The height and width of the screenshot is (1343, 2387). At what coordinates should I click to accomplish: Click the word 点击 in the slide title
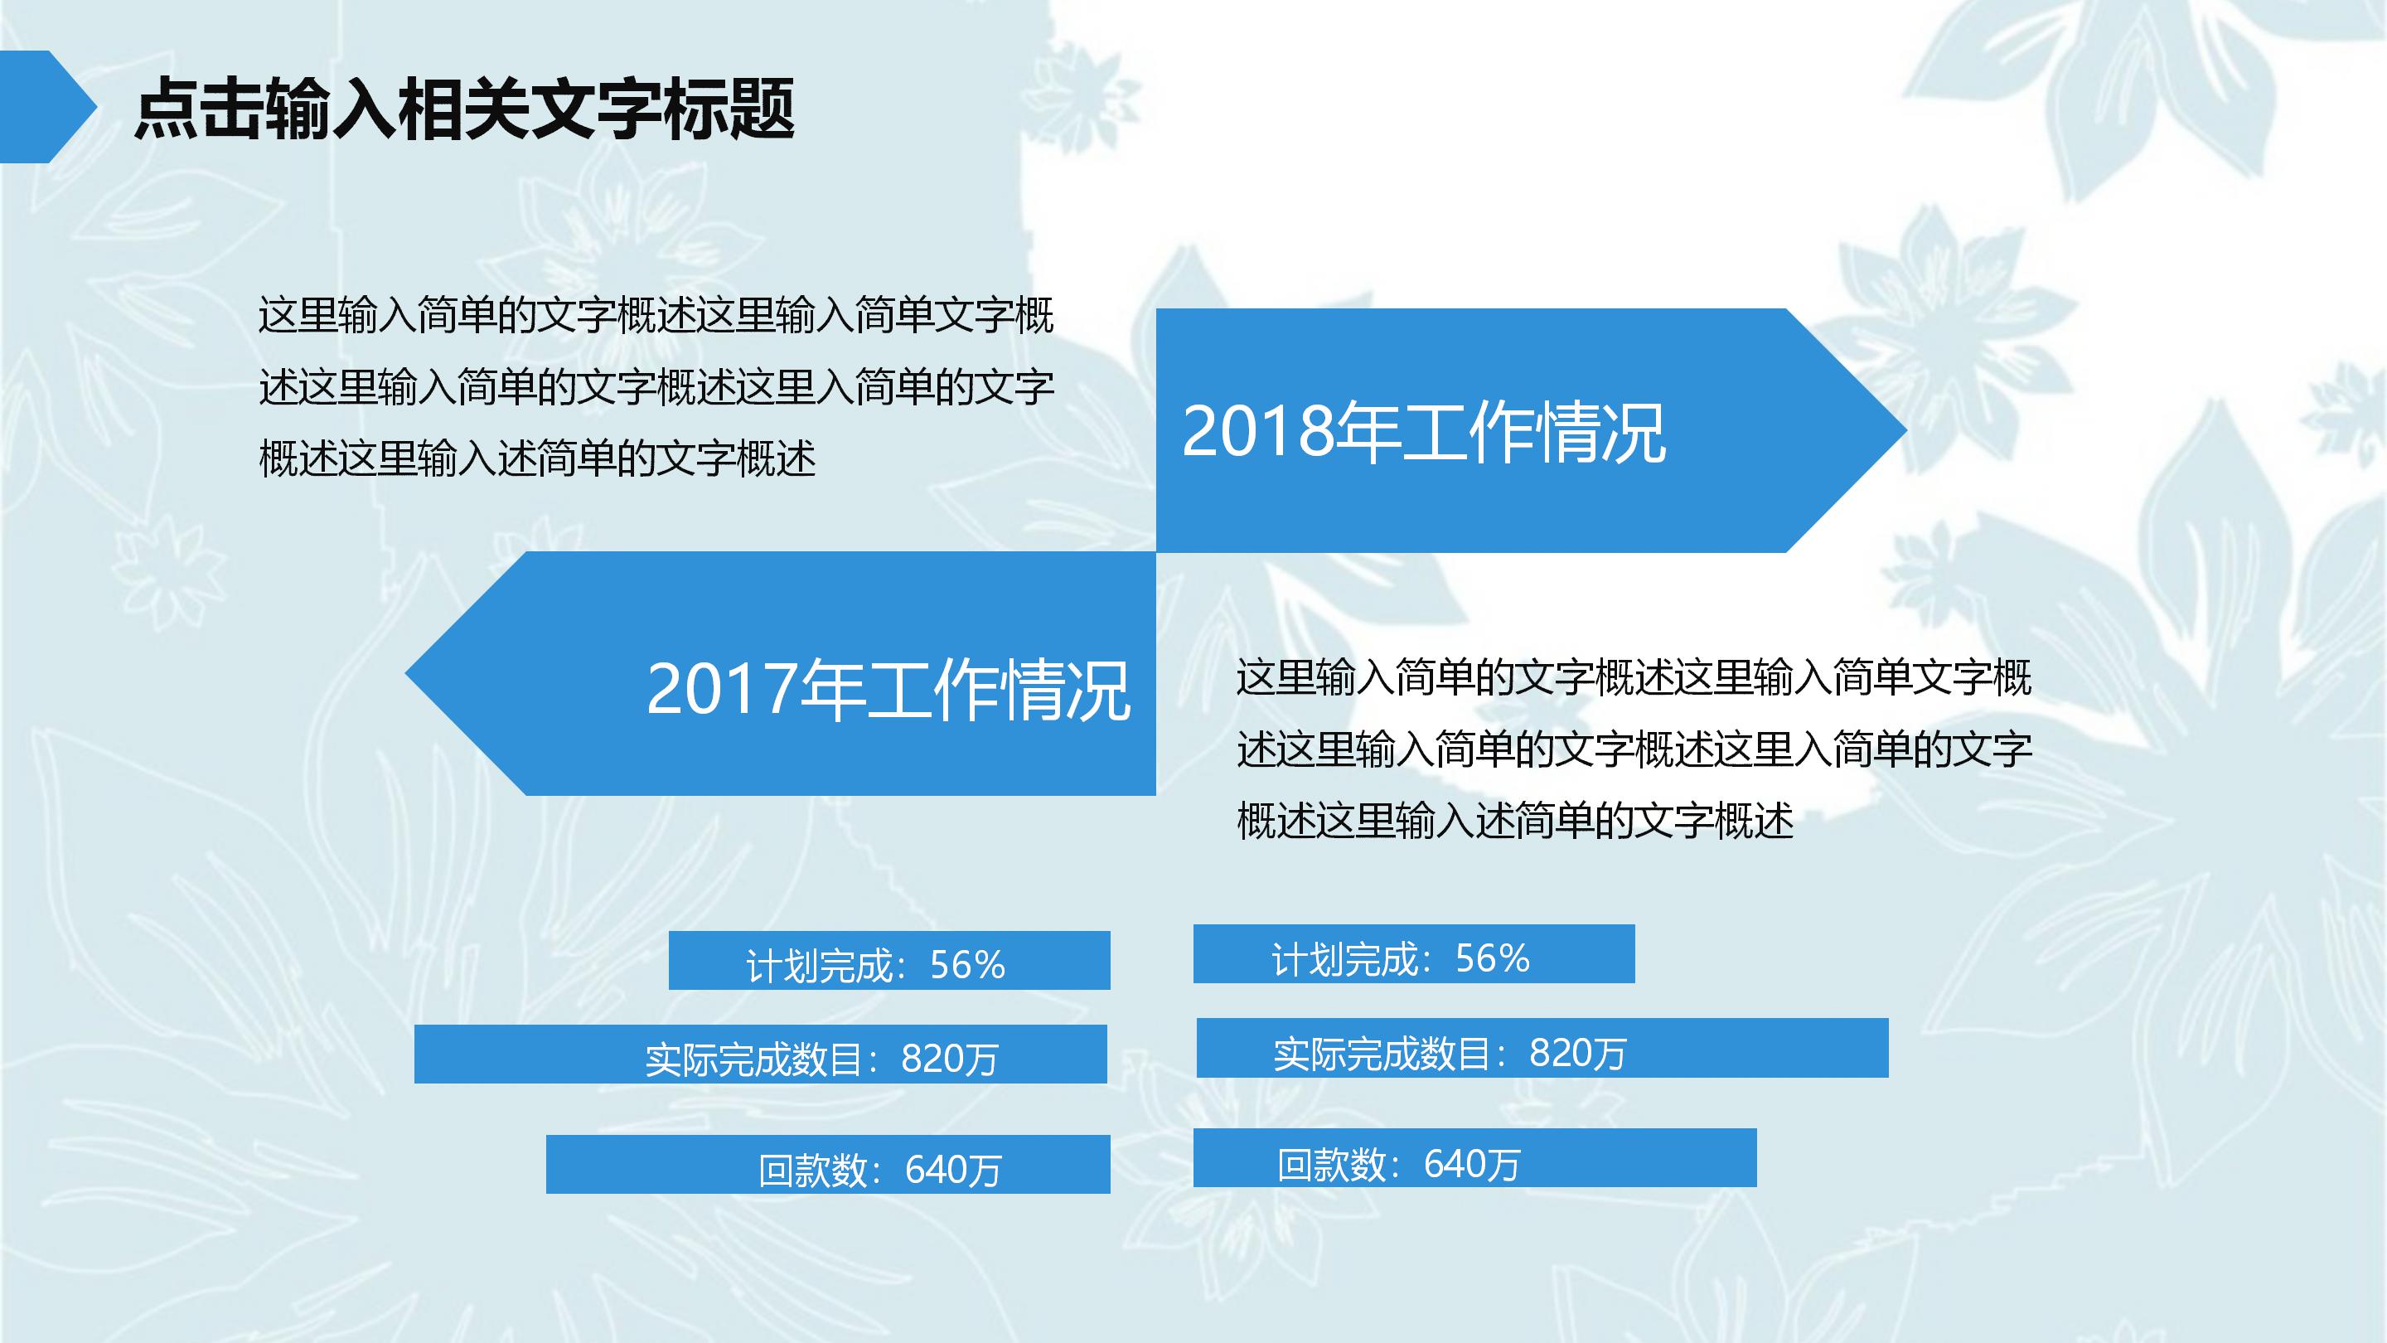coord(197,109)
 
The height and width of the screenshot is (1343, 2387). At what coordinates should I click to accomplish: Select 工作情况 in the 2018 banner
coord(1534,432)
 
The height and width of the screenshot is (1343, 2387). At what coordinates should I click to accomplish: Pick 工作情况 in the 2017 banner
coord(998,690)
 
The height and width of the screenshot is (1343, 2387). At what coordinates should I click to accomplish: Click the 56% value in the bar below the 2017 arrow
coord(967,966)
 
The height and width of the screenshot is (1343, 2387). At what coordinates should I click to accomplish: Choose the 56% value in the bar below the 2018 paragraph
coord(1492,958)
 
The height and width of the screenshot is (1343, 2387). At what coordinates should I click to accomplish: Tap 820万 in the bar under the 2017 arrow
coord(949,1059)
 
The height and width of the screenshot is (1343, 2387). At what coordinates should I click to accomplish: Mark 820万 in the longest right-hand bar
coord(1577,1053)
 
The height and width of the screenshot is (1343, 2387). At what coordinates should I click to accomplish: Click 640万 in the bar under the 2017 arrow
coord(953,1170)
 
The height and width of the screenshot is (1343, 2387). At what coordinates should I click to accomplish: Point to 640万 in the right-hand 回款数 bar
coord(1471,1164)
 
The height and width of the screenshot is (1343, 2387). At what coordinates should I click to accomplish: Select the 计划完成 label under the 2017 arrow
coord(819,966)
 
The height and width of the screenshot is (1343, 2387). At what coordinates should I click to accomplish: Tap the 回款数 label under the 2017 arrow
coord(812,1170)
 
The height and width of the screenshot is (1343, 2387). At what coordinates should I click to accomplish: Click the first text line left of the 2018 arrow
coord(655,315)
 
